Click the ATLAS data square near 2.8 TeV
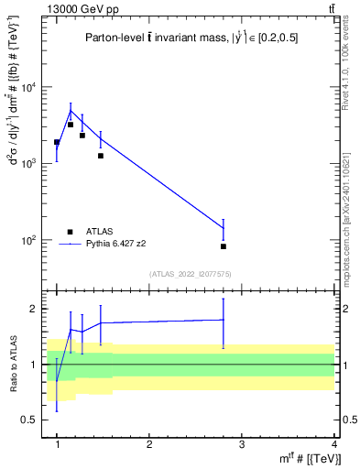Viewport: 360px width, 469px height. tap(224, 246)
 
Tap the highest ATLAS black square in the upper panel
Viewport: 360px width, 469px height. tap(71, 125)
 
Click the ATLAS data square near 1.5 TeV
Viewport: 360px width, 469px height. tap(101, 156)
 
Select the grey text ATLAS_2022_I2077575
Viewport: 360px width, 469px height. tap(191, 273)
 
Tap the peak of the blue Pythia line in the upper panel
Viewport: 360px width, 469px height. tap(71, 111)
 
